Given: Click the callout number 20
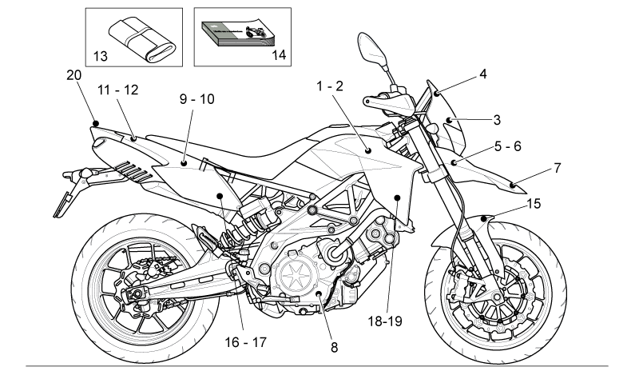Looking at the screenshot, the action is pos(73,75).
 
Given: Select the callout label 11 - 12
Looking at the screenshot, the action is pos(117,90).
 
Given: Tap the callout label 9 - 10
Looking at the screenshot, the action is pos(196,99).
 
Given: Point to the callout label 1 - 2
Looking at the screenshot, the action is pos(330,86).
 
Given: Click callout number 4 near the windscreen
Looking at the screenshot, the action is pos(483,74).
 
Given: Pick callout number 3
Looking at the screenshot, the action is pos(497,120).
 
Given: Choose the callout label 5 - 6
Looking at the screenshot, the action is pos(508,146).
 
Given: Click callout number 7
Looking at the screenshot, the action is pos(557,168).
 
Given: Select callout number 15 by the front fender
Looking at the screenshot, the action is pos(534,204).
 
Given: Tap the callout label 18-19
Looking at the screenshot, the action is pos(385,321).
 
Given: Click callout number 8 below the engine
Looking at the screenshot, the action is pos(334,348).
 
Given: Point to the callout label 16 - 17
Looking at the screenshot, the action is pos(246,342).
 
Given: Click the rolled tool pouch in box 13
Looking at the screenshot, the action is pos(142,40).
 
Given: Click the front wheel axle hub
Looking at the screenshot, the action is pos(496,296).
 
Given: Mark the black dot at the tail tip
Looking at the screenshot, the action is pos(96,124).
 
